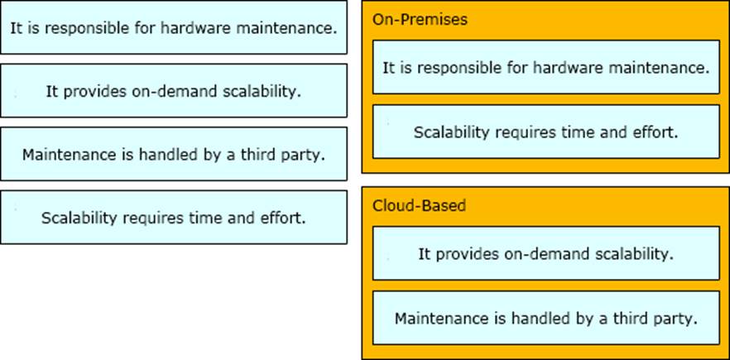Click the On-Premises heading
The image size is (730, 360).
click(420, 20)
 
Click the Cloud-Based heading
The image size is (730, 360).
click(419, 206)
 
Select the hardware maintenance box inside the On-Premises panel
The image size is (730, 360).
click(546, 67)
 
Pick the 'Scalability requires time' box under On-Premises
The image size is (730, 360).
click(546, 132)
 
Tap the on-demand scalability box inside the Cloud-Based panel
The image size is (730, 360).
click(546, 253)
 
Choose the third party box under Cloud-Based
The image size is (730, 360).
click(546, 318)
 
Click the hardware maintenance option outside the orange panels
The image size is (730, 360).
click(174, 27)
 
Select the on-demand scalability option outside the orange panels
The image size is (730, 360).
click(174, 90)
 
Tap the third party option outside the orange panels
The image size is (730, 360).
click(174, 154)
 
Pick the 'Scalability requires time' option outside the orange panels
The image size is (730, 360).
click(174, 217)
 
